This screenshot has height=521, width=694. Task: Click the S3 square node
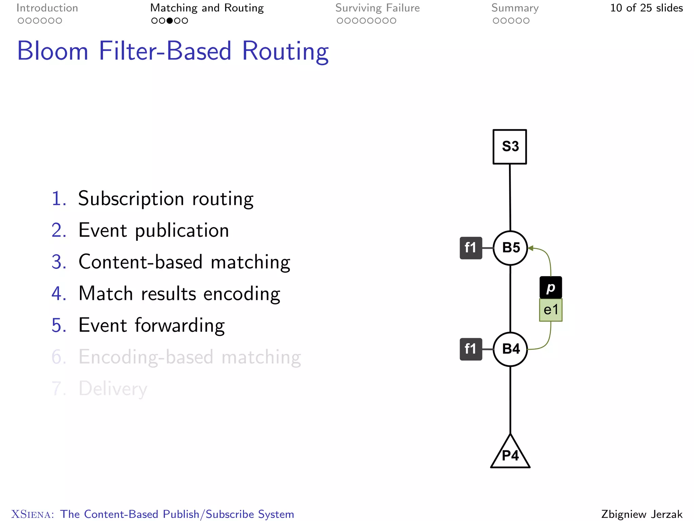point(510,147)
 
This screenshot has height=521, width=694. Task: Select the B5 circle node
point(510,248)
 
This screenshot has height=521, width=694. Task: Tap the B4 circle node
point(510,349)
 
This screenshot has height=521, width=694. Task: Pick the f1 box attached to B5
point(471,248)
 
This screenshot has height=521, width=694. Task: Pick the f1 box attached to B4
point(471,349)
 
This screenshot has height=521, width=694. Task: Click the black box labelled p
point(551,288)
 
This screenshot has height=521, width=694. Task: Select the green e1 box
point(551,310)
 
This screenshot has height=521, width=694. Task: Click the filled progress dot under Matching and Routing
point(170,21)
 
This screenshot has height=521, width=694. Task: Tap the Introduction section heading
point(47,8)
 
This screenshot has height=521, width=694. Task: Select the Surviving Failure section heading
point(377,8)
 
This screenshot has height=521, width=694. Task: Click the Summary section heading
point(515,8)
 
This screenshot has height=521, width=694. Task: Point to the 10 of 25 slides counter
point(646,8)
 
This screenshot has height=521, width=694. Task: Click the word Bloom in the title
point(53,51)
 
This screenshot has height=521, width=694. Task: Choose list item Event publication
point(154,231)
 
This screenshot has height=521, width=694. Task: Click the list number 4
point(58,294)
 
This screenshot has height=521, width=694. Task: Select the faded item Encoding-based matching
point(190,357)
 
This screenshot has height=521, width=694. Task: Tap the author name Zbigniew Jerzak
point(642,514)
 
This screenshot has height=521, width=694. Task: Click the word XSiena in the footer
point(33,514)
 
